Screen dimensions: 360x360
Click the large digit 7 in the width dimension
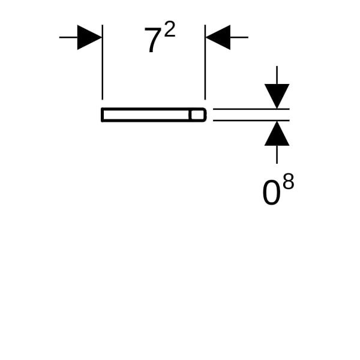tap(152, 41)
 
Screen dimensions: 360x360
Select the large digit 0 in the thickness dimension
tap(271, 193)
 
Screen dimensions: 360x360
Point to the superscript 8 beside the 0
tap(288, 182)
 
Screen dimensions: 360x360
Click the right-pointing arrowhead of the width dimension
tap(89, 37)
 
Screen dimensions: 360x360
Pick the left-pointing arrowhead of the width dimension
tap(218, 37)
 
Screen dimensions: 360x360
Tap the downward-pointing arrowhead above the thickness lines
tap(277, 95)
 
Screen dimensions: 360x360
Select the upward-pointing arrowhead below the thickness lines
tap(277, 134)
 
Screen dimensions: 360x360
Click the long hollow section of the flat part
tap(146, 115)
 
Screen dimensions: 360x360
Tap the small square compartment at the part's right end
tap(197, 115)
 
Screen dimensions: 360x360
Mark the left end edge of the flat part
tap(103, 115)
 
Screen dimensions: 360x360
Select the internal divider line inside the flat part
tap(190, 115)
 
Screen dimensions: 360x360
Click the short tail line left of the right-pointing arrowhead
tap(68, 37)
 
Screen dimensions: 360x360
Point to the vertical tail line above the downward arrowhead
tap(277, 74)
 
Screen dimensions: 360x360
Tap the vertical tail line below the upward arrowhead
tap(277, 155)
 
